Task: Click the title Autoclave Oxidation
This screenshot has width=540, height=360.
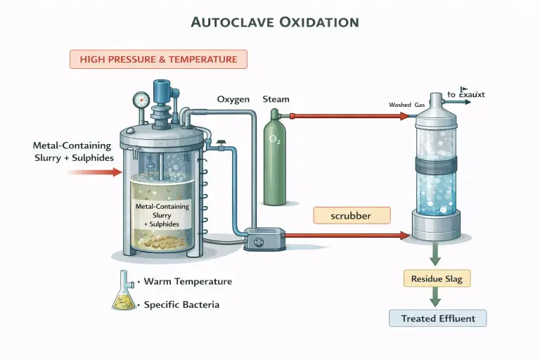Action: pos(276,21)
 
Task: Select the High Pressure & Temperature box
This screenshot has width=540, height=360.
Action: pos(158,59)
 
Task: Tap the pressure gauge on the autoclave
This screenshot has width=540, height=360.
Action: pos(140,100)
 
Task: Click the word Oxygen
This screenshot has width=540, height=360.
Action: pos(233,100)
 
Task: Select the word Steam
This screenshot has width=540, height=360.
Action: pos(276,100)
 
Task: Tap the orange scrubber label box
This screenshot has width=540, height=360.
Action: pos(350,216)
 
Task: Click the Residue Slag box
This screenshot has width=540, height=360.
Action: pos(437,278)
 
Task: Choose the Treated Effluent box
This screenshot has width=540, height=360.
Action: pos(438,319)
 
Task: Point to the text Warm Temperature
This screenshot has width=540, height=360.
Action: pos(187,281)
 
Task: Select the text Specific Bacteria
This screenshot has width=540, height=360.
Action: pos(181,304)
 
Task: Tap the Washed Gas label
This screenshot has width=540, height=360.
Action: pos(406,105)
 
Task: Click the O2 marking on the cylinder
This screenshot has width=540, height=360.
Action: pos(274,140)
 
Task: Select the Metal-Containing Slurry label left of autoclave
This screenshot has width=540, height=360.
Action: pos(72,151)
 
